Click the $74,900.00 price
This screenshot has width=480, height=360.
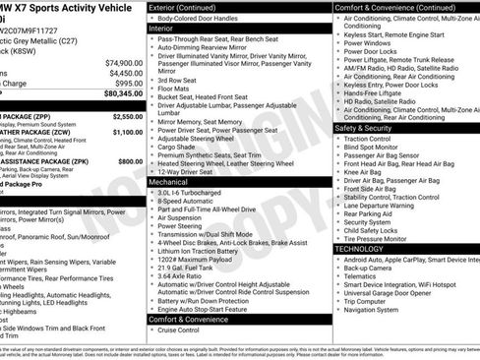coord(123,62)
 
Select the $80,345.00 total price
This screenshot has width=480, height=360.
coord(121,94)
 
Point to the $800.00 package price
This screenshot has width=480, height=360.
coord(130,160)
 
